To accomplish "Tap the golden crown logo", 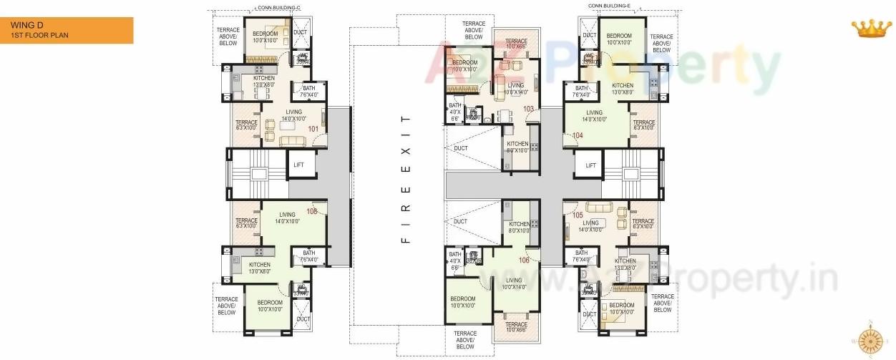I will [870, 29].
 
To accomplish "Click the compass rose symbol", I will [870, 340].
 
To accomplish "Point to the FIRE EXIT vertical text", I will [406, 179].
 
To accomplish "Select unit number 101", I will [313, 129].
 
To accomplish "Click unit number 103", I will [528, 109].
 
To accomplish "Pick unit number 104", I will [578, 135].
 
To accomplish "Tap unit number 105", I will [578, 214].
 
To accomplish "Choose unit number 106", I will [524, 260].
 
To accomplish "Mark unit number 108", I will [312, 211].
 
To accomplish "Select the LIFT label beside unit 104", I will [590, 165].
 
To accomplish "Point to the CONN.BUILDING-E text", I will [609, 6].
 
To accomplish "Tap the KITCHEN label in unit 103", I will [517, 144].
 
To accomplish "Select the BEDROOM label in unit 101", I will [265, 34].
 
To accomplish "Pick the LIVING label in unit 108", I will [287, 215].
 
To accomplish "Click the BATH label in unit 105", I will [581, 253].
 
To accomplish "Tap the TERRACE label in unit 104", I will [643, 123].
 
